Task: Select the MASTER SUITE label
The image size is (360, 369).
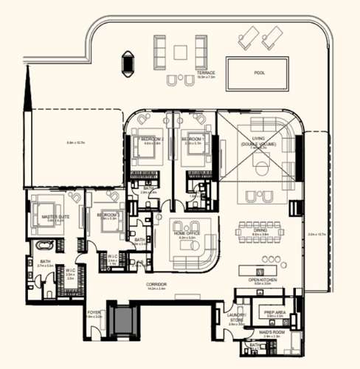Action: [55, 217]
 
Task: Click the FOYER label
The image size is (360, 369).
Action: [94, 313]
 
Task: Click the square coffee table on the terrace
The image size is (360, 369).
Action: [181, 52]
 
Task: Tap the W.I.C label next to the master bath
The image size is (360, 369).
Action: [71, 272]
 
